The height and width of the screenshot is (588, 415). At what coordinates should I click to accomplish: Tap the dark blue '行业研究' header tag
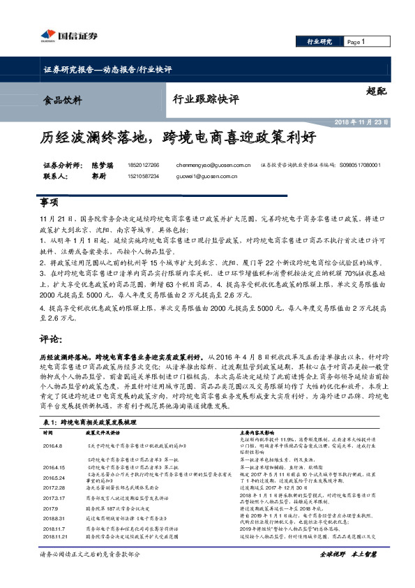pyautogui.click(x=321, y=43)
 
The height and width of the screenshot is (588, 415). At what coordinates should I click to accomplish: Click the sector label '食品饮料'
pyautogui.click(x=62, y=99)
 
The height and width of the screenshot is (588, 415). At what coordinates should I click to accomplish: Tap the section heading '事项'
pyautogui.click(x=49, y=202)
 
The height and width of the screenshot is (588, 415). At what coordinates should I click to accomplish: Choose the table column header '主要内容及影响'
pyautogui.click(x=258, y=433)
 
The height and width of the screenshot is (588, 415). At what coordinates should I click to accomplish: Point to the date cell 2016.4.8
pyautogui.click(x=52, y=445)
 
